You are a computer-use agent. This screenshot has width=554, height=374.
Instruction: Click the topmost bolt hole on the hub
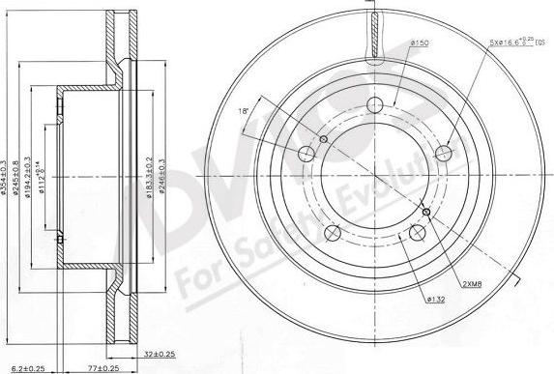(x=377, y=109)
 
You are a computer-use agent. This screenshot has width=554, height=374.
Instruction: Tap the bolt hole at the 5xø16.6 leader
(x=445, y=153)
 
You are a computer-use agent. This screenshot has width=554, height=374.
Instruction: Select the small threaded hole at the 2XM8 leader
(x=425, y=211)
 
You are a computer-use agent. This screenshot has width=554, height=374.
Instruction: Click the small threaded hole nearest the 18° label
(x=324, y=140)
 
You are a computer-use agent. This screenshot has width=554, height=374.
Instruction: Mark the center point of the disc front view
(x=375, y=177)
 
